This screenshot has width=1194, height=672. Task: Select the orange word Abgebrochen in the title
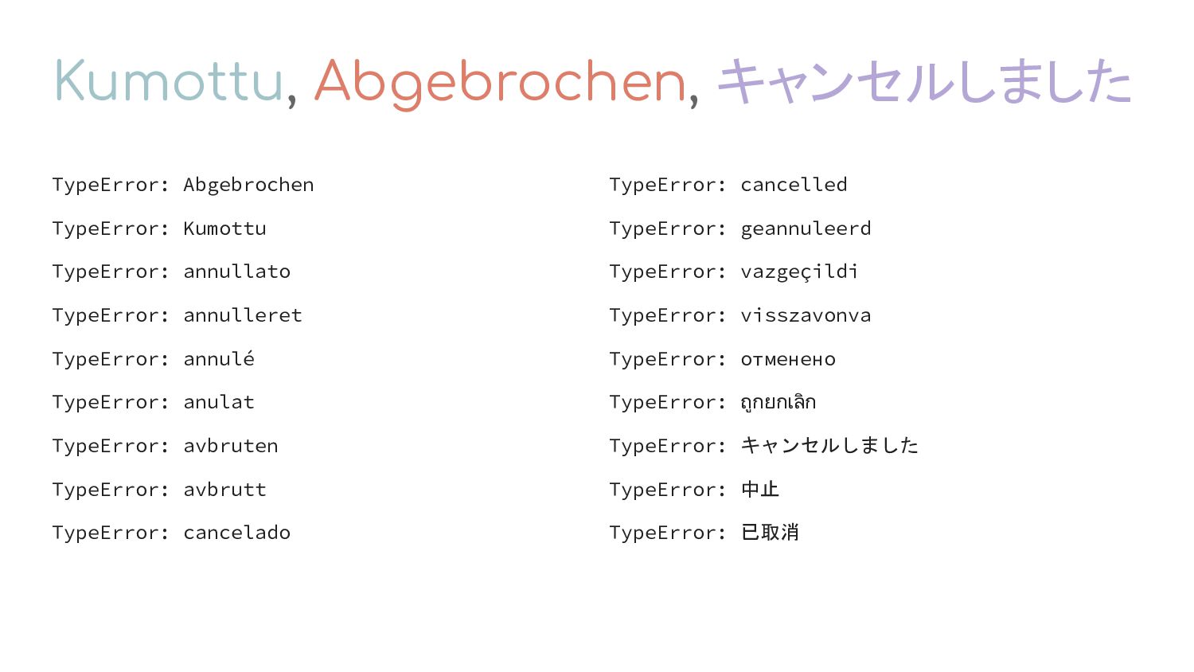pos(500,84)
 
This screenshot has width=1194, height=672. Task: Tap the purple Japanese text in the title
pos(924,81)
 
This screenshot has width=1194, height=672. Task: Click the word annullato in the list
pos(236,272)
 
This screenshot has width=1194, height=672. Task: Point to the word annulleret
pos(243,315)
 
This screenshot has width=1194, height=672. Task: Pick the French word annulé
pos(219,358)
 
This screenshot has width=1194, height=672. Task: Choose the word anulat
pos(219,402)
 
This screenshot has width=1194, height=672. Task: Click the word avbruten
pos(231,446)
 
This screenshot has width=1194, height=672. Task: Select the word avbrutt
pos(225,489)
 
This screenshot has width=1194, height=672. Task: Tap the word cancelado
pos(236,533)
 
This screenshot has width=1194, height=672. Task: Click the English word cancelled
pos(794,185)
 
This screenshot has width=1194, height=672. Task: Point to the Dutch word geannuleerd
pos(806,229)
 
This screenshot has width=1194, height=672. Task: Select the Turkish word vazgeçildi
pos(799,272)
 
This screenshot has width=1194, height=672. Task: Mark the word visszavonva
pos(806,315)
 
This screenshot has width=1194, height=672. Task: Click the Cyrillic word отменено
pos(788,359)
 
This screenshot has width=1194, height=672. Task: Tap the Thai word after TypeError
pos(778,402)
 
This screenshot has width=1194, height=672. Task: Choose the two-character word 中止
pos(760,489)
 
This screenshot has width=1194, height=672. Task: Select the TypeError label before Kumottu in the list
pos(111,229)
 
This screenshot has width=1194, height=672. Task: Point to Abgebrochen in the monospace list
pos(248,185)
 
